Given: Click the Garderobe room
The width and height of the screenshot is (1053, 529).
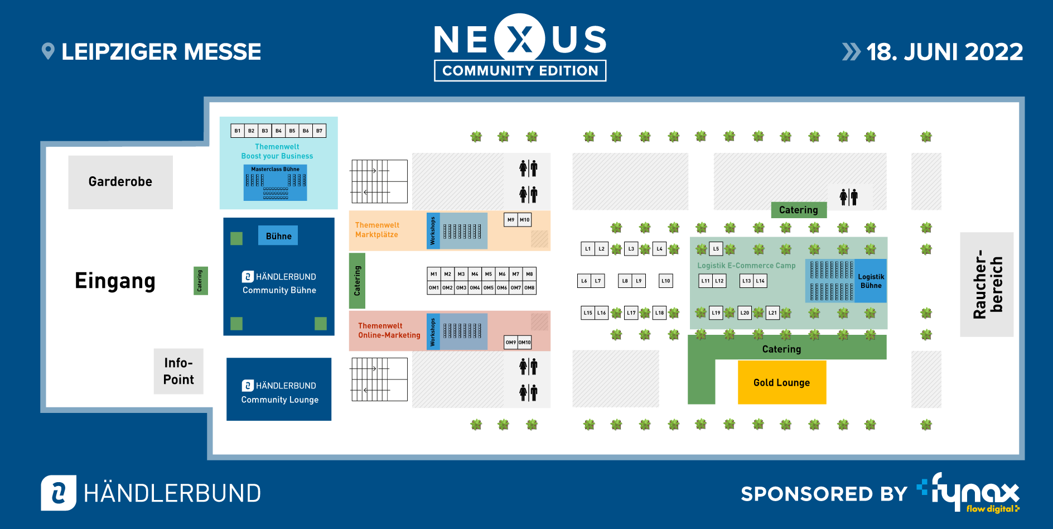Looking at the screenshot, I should coord(120,182).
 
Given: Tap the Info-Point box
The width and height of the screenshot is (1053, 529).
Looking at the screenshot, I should coord(178,371).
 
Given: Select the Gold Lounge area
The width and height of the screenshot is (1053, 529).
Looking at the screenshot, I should coord(781,382).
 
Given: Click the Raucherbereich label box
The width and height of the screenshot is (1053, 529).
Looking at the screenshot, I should coord(986,285).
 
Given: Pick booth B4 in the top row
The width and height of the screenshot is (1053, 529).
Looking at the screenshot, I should coord(278,131).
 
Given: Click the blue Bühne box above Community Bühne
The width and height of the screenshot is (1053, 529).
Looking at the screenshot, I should coord(278,236).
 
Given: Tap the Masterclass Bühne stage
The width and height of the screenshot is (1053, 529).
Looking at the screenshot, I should coord(275,183).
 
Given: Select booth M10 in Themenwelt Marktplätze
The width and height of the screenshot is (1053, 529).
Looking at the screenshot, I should coord(525,220).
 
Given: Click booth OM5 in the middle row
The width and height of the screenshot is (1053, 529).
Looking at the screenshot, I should coord(489,288).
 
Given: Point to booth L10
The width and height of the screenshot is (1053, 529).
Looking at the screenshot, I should coord(665,281).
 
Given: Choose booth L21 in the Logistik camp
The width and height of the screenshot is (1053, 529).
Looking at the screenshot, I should coord(772,313).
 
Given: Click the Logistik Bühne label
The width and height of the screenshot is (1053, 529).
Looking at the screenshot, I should coord(871,281).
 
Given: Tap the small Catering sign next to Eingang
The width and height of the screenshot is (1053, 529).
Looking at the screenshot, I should coord(200,281).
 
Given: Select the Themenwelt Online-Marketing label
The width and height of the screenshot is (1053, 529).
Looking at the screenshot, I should coord(389,330).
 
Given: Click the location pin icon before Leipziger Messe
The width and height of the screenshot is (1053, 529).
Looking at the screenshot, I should coord(48,51).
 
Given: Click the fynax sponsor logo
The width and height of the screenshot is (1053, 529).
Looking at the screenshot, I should coord(970,492).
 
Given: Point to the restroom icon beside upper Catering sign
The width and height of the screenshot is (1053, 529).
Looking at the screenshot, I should coord(848,196).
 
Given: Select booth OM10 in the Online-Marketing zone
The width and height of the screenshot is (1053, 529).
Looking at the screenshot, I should coord(525,343).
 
